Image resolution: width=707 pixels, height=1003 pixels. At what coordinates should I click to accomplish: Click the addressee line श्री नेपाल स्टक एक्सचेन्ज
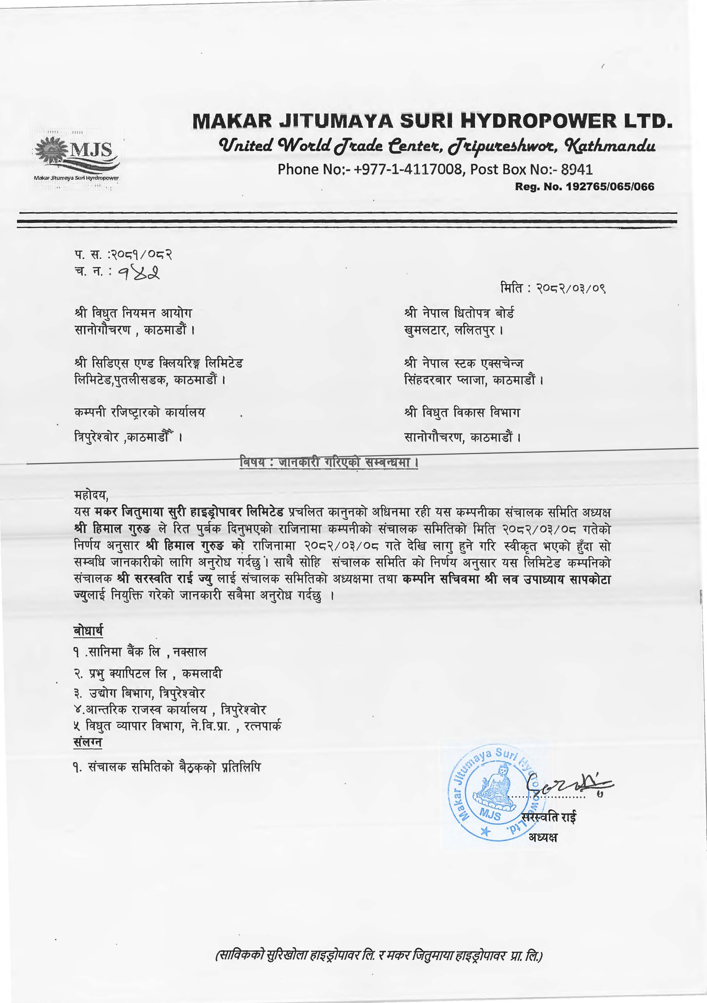tap(463, 363)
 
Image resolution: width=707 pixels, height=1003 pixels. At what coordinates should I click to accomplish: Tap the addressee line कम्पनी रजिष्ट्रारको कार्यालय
tap(140, 412)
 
